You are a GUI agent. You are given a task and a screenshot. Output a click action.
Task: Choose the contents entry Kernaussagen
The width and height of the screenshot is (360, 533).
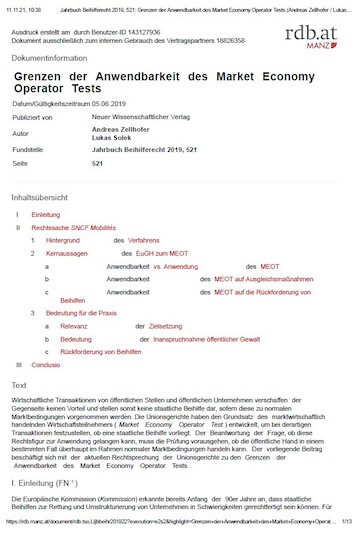tap(68, 254)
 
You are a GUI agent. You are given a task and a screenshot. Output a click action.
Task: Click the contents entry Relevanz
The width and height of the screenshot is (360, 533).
tap(76, 326)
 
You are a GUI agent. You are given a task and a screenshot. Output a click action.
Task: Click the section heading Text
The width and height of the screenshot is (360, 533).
tap(19, 385)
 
